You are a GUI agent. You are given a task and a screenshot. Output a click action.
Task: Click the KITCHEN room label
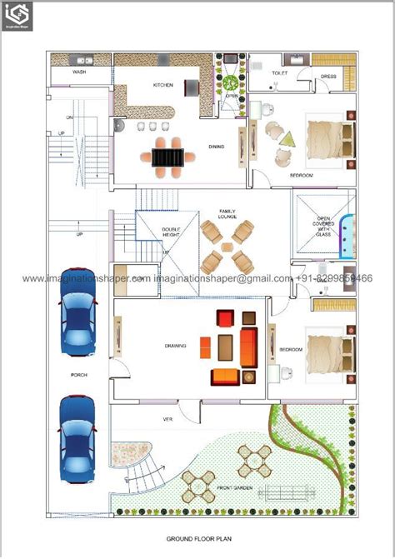pyautogui.click(x=162, y=85)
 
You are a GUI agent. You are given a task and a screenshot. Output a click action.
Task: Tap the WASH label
pyautogui.click(x=79, y=72)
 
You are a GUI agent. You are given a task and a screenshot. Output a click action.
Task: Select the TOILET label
pyautogui.click(x=280, y=73)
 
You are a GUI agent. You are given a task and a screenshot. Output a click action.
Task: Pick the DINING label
pyautogui.click(x=216, y=146)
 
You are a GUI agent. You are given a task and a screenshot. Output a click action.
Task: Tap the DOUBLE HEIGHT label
pyautogui.click(x=171, y=233)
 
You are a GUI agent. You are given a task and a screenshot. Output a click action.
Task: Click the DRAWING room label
pyautogui.click(x=175, y=346)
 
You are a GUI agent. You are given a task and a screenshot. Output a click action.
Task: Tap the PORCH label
pyautogui.click(x=79, y=376)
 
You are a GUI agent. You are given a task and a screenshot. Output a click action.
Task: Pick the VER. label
pyautogui.click(x=167, y=419)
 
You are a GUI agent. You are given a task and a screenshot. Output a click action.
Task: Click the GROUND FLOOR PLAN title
pyautogui.click(x=197, y=539)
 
